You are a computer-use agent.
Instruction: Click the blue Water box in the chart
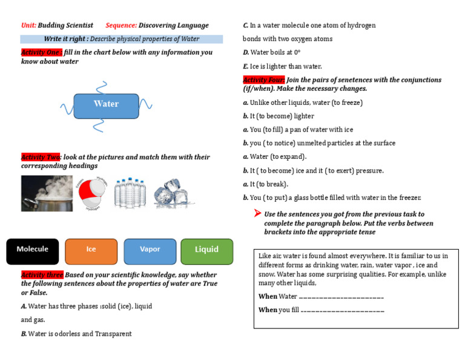coord(106,104)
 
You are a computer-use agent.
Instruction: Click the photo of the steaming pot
coord(47,193)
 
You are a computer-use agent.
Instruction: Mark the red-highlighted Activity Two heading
coord(41,157)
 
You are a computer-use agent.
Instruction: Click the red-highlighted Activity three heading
coord(42,275)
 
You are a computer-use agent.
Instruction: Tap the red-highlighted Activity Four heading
coord(263,80)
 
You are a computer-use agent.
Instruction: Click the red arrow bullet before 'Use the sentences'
coord(257,213)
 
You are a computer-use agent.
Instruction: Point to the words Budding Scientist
coord(65,25)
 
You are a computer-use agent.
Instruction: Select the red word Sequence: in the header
coord(121,25)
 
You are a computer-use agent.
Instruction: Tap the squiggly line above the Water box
coord(105,86)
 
